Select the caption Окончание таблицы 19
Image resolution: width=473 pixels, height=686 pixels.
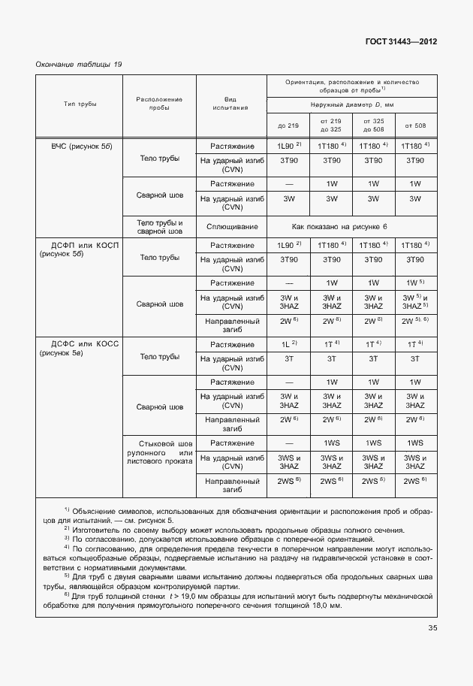click(x=79, y=65)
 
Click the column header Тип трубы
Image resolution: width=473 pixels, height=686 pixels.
click(x=80, y=104)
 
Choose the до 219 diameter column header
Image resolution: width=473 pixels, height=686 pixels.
click(x=288, y=125)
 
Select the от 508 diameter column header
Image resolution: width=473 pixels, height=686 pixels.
click(x=415, y=125)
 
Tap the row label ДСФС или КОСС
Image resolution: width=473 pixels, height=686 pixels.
click(x=80, y=347)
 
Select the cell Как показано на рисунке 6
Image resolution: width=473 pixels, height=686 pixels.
click(x=352, y=226)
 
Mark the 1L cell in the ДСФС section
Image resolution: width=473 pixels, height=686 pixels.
click(x=288, y=343)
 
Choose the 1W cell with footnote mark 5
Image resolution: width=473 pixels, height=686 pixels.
click(x=415, y=283)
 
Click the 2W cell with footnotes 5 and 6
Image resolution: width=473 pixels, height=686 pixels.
click(x=415, y=321)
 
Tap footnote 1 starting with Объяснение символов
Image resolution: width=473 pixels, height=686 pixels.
click(x=235, y=515)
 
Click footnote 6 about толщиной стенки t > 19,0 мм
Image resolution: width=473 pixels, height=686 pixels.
click(x=235, y=601)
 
